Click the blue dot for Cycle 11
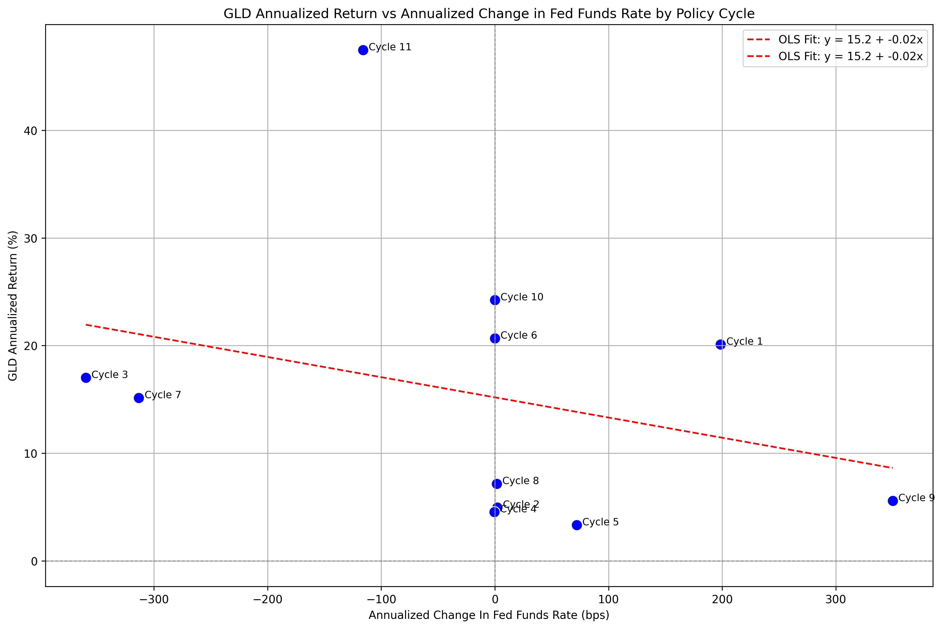click(363, 50)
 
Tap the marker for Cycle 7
click(139, 398)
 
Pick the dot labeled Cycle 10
click(495, 300)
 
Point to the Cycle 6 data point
click(495, 338)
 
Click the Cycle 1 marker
click(721, 344)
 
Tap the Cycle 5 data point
click(577, 525)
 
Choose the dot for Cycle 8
click(497, 484)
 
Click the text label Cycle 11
click(390, 47)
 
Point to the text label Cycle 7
click(163, 395)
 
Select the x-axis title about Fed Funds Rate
click(489, 615)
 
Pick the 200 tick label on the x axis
click(722, 600)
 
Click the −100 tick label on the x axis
click(381, 600)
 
